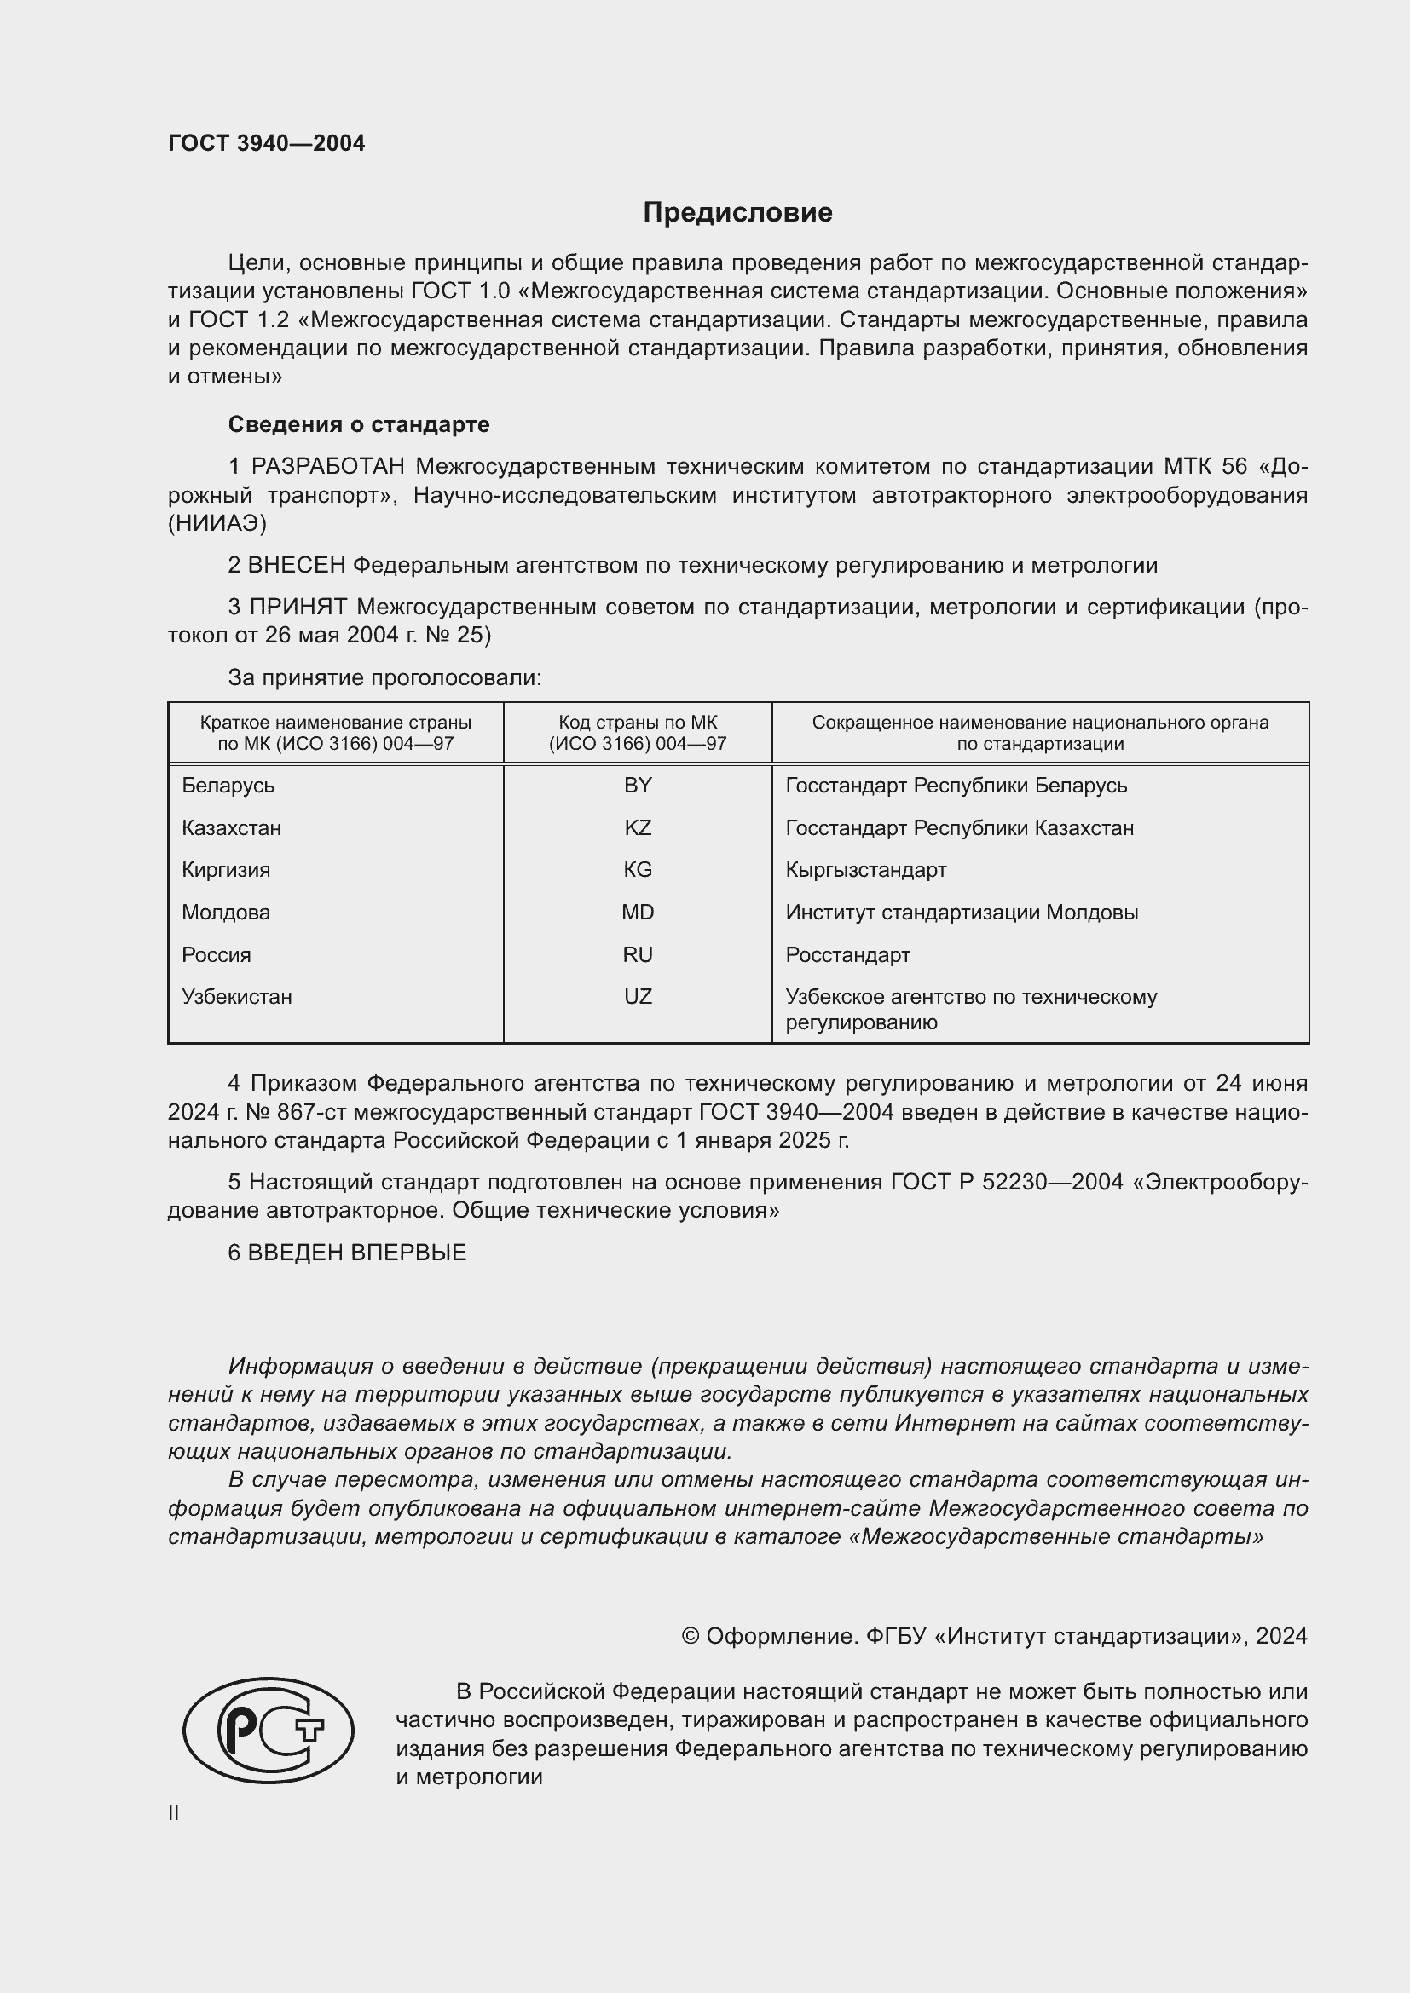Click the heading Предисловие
pyautogui.click(x=737, y=213)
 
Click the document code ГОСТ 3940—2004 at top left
pyautogui.click(x=267, y=144)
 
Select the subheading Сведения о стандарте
pyautogui.click(x=359, y=424)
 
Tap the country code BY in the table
pyautogui.click(x=638, y=786)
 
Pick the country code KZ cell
pyautogui.click(x=638, y=828)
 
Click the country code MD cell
pyautogui.click(x=638, y=913)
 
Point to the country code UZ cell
pyautogui.click(x=638, y=997)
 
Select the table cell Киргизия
pyautogui.click(x=226, y=870)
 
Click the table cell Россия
pyautogui.click(x=217, y=955)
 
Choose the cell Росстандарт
pyautogui.click(x=847, y=955)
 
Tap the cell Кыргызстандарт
pyautogui.click(x=865, y=870)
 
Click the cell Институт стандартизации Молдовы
pyautogui.click(x=961, y=913)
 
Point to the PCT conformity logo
pyautogui.click(x=269, y=1730)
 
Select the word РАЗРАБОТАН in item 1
pyautogui.click(x=327, y=467)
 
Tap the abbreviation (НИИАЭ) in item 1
pyautogui.click(x=217, y=523)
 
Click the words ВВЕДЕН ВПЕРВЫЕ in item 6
pyautogui.click(x=357, y=1253)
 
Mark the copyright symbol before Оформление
pyautogui.click(x=691, y=1636)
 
